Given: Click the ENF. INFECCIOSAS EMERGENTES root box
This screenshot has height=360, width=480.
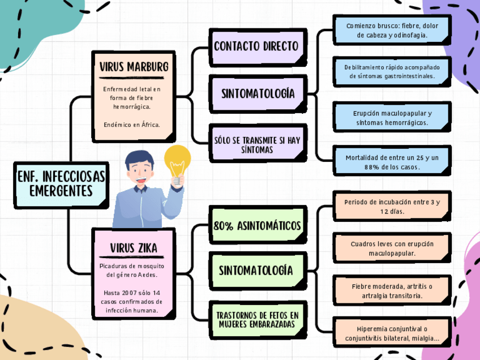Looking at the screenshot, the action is [61, 183].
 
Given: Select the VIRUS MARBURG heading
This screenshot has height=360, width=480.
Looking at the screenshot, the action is [134, 67].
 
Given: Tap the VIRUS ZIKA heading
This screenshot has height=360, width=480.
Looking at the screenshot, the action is [134, 248].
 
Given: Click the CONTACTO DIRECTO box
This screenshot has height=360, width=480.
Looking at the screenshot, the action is [256, 46].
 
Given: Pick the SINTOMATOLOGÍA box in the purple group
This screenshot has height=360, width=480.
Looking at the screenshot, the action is [258, 93].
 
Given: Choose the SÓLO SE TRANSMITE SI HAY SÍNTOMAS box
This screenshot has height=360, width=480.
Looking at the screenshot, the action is [257, 144].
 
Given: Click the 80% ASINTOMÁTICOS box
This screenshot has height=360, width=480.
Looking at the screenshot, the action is [257, 226].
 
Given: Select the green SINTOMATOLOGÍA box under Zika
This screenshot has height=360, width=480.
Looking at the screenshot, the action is [256, 270].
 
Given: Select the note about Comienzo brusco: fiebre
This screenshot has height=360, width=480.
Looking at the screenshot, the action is [392, 31].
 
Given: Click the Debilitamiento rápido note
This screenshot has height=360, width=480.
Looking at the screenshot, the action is [392, 71].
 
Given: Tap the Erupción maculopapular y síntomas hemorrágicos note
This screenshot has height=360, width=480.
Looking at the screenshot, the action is [392, 118].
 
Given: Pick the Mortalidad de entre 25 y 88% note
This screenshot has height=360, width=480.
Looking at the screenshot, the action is [392, 162].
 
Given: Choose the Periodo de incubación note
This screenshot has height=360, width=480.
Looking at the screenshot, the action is [392, 207].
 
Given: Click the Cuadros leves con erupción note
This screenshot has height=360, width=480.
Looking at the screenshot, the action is [392, 248].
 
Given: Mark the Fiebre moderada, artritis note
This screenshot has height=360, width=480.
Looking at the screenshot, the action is [392, 291].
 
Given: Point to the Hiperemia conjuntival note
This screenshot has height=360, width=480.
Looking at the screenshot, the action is [392, 333].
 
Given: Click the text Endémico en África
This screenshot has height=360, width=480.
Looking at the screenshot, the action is [132, 125].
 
